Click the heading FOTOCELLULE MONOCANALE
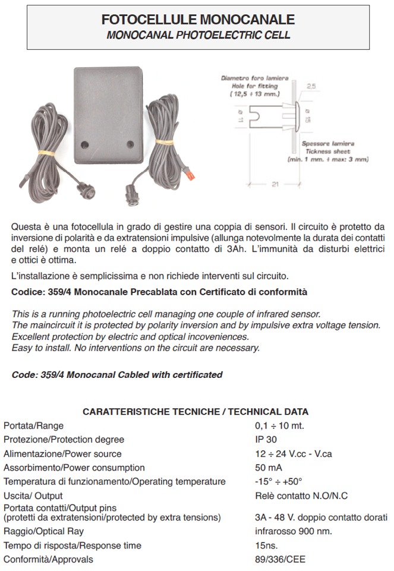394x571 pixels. point(198,20)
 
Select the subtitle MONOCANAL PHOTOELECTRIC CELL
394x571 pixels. point(198,36)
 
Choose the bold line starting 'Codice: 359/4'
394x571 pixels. point(159,292)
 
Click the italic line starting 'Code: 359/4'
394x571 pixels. point(117,374)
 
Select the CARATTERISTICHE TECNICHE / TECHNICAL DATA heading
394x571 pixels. point(196,411)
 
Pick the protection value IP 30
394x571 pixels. point(266,440)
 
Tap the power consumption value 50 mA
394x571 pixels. point(269,468)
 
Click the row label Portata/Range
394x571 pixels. point(34,425)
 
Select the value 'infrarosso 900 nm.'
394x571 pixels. point(294,531)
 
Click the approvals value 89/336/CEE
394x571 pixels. point(280,559)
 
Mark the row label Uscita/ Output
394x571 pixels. point(33,496)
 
